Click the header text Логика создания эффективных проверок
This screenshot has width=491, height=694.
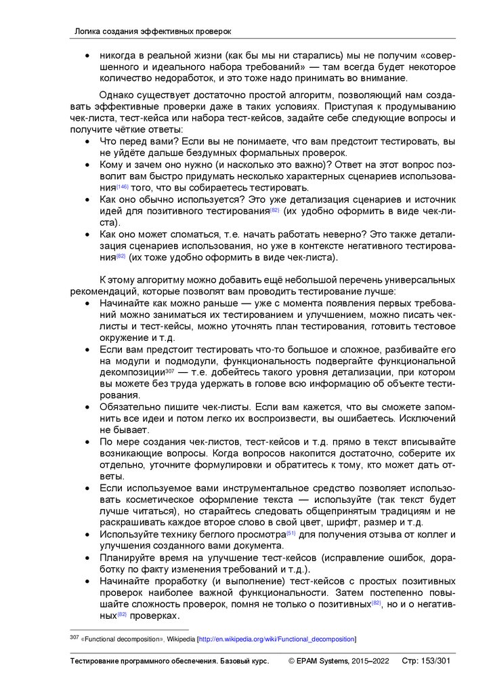click(x=152, y=31)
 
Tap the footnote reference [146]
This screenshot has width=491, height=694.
click(x=123, y=186)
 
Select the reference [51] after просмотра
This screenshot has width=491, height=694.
click(x=291, y=533)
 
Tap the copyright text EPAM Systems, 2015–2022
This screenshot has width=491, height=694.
click(x=339, y=661)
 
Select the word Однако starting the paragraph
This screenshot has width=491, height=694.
click(x=116, y=95)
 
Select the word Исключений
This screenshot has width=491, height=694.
click(x=427, y=419)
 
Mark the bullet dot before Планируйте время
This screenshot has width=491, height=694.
click(x=87, y=557)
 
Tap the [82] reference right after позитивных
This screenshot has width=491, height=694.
click(x=377, y=603)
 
